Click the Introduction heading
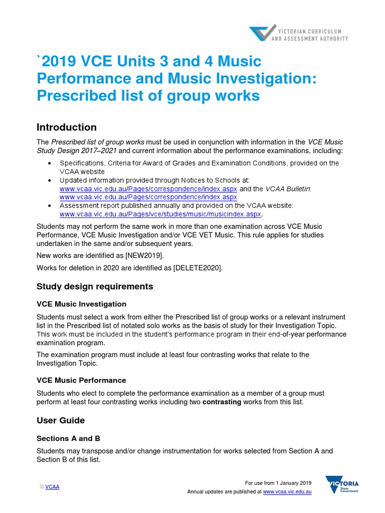click(67, 127)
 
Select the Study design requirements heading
click(95, 287)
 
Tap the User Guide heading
click(61, 420)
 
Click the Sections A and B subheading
click(68, 438)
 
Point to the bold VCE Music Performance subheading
click(81, 380)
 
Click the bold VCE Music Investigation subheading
click(81, 304)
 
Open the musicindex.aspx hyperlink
click(160, 214)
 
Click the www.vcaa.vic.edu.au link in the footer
click(287, 492)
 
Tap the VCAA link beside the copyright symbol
click(52, 487)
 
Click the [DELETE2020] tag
click(197, 268)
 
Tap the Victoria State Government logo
click(342, 486)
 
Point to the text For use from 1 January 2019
click(278, 483)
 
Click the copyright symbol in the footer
click(42, 487)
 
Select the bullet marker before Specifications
click(49, 163)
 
